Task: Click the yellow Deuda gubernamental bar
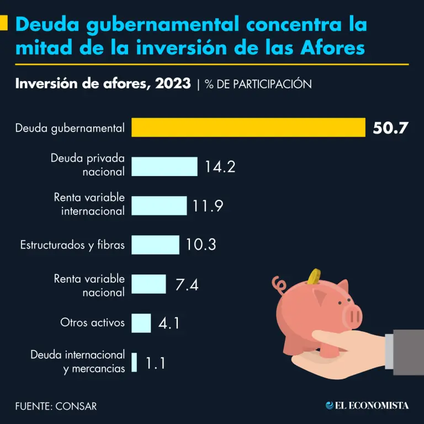pos(248,128)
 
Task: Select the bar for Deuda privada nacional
pos(165,166)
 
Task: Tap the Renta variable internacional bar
pos(159,205)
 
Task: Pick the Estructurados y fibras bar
pos(156,245)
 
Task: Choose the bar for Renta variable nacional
pos(149,284)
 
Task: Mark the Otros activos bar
pos(141,323)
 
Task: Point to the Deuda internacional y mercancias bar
pos(134,362)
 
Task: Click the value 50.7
pos(390,128)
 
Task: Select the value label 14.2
pos(220,166)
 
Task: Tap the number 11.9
pos(208,206)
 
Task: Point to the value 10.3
pos(200,245)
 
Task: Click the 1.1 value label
pos(155,363)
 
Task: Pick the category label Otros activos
pos(92,323)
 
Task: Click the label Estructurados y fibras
pos(72,245)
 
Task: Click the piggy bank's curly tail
pos(279,285)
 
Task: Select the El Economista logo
pos(367,405)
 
